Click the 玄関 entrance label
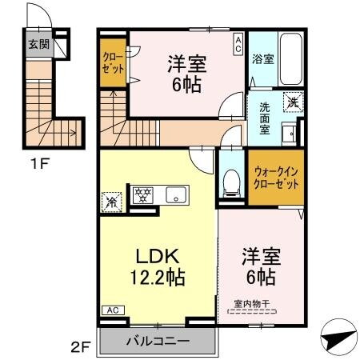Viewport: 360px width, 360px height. point(38,45)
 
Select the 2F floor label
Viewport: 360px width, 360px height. point(78,346)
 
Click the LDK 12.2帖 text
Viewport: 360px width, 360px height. point(158,267)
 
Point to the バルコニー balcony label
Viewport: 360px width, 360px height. point(158,342)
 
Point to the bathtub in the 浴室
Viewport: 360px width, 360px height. point(290,58)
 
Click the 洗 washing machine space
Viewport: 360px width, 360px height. point(294,102)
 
